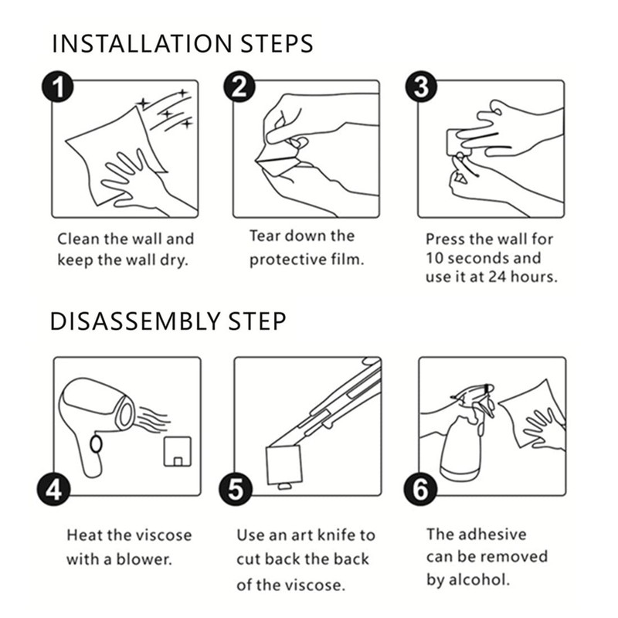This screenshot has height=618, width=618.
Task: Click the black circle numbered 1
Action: coord(57,87)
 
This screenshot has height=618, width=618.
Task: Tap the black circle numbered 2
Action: coord(239,87)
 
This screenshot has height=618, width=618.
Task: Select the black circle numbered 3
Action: coord(421,87)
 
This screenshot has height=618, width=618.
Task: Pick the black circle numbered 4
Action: coord(53,490)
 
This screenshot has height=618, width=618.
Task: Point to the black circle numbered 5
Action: coord(236,490)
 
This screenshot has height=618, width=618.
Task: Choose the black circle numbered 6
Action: coord(420,490)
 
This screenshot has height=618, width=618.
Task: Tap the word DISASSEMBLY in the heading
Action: coord(134,321)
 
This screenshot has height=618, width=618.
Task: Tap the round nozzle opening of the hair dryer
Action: coord(126,414)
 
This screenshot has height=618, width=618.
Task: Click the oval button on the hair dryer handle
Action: coord(96,444)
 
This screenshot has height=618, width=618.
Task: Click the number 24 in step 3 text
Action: coord(497,277)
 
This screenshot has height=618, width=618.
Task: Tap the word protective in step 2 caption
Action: coord(287,260)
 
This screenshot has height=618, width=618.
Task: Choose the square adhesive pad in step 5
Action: coord(284,465)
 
